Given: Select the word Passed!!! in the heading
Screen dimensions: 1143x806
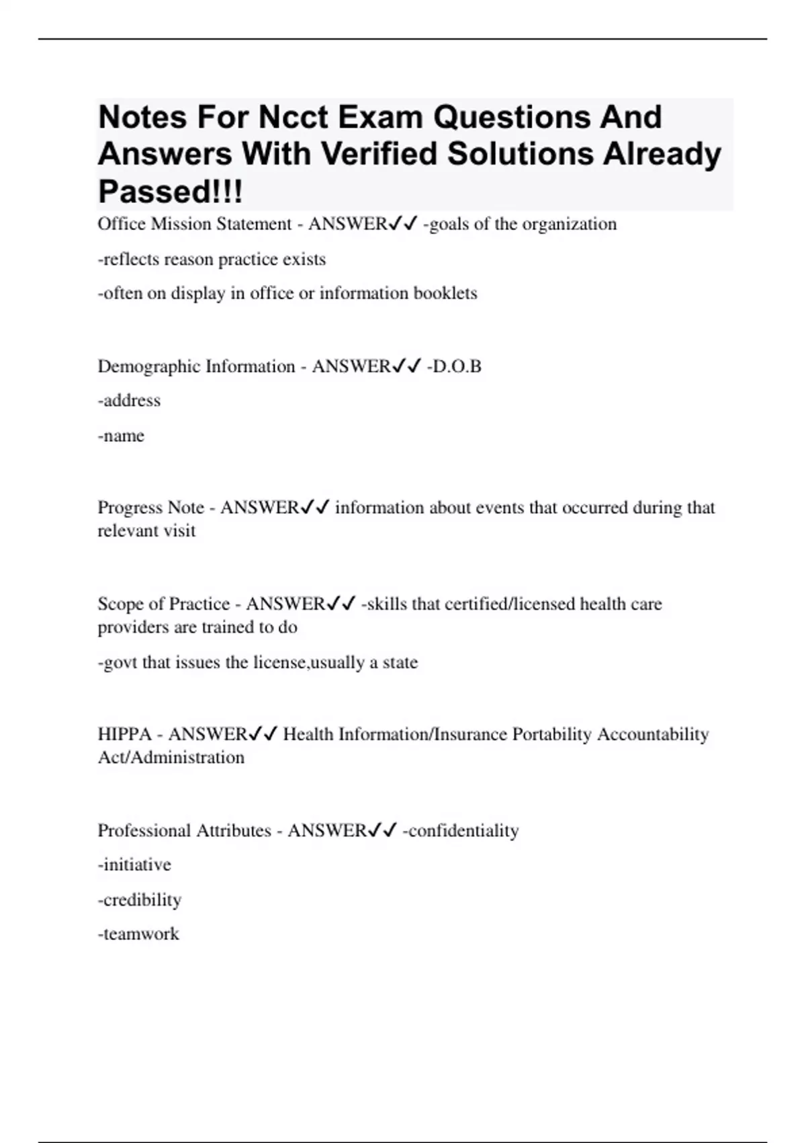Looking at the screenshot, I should pyautogui.click(x=170, y=192).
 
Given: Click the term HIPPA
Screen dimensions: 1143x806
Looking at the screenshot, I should pyautogui.click(x=124, y=734).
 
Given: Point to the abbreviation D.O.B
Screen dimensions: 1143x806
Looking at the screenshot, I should pyautogui.click(x=455, y=366).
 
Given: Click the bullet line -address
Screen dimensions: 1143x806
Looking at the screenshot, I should pyautogui.click(x=129, y=401).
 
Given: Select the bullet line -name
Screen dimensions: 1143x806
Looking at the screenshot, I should pyautogui.click(x=121, y=436).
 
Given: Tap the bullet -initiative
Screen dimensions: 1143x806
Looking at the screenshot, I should pyautogui.click(x=134, y=865).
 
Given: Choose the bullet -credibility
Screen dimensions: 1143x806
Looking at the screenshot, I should pyautogui.click(x=140, y=900).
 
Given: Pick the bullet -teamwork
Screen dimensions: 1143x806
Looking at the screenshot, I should pyautogui.click(x=138, y=934).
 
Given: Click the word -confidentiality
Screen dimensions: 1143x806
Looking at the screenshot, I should pyautogui.click(x=461, y=831).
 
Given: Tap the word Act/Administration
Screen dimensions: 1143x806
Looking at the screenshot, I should pyautogui.click(x=171, y=758).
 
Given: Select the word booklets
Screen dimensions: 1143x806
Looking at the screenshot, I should pyautogui.click(x=445, y=294).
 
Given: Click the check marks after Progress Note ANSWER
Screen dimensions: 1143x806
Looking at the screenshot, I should pyautogui.click(x=315, y=508).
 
